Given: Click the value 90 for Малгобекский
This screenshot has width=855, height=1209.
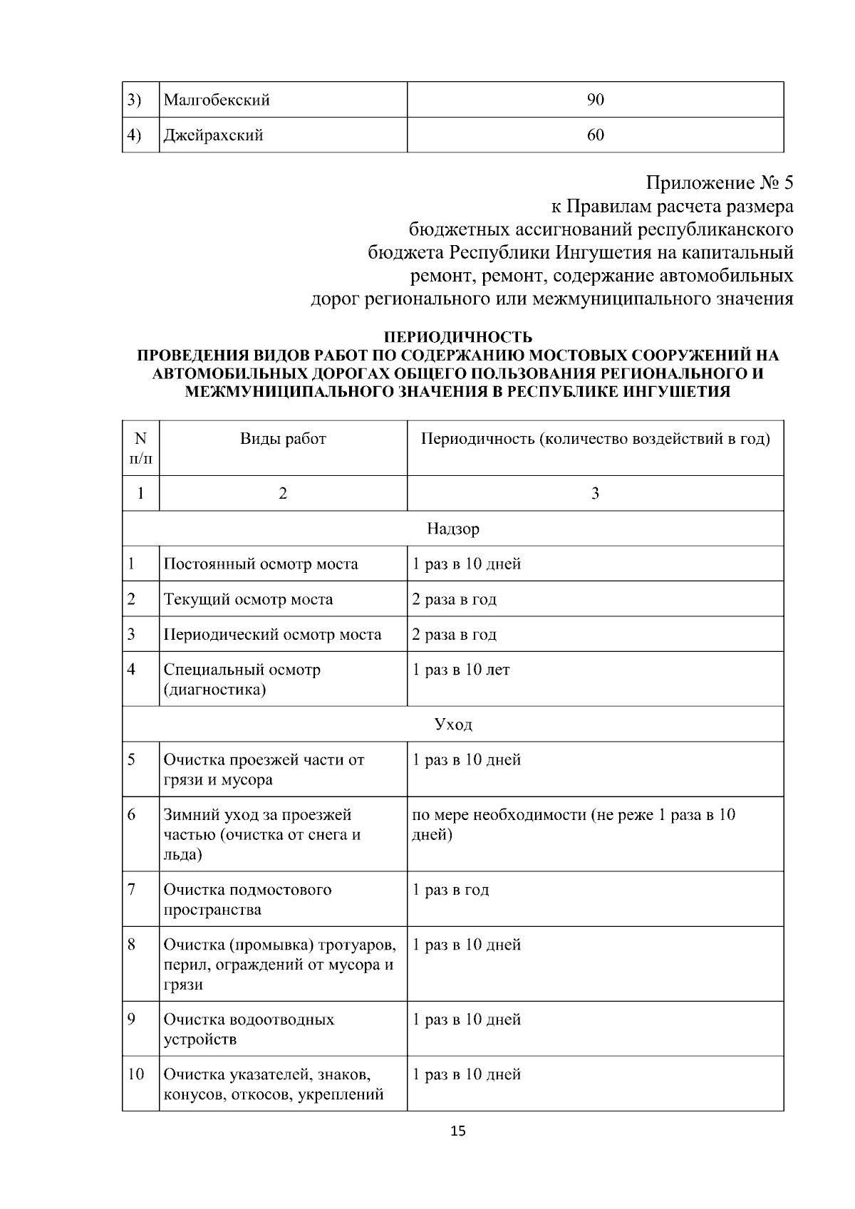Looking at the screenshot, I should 595,100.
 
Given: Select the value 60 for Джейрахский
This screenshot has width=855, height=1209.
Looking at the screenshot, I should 595,135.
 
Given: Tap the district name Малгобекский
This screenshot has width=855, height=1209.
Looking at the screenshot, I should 217,100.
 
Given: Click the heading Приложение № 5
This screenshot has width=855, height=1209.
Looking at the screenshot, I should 719,183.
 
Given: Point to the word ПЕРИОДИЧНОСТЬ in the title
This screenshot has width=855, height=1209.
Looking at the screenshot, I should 458,337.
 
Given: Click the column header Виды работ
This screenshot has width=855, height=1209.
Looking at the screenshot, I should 283,439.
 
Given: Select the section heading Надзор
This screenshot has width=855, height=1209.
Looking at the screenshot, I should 453,529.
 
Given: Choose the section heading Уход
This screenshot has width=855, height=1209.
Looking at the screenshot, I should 453,725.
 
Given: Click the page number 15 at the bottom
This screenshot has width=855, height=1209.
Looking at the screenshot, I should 458,1131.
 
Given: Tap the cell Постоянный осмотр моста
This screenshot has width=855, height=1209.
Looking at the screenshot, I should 261,564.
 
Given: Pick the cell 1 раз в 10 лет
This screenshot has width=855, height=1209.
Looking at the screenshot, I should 461,670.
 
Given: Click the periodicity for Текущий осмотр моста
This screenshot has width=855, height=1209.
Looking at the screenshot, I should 454,599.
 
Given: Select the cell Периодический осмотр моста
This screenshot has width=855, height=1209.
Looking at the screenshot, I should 272,634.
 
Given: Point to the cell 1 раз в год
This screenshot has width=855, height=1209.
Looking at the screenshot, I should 450,890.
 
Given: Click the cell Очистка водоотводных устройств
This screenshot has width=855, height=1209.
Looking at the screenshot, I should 249,1029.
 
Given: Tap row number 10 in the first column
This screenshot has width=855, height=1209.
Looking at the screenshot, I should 135,1074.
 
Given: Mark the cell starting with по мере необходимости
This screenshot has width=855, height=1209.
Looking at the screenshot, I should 574,824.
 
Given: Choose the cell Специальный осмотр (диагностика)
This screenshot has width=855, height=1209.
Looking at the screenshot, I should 242,679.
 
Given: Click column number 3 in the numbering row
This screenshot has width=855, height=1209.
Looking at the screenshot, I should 595,493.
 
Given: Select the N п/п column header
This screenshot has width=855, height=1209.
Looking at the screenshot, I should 140,448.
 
